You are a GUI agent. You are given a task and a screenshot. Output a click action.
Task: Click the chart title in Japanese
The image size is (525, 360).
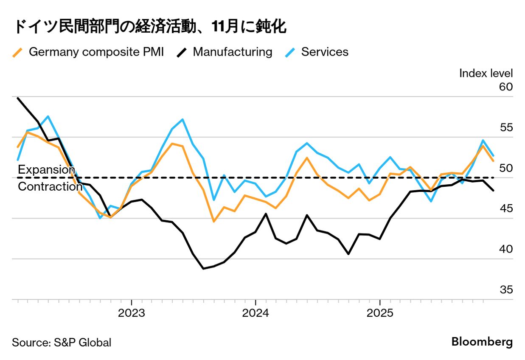tap(149, 27)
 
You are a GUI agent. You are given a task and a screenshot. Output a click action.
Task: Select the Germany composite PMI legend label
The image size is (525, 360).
tap(96, 52)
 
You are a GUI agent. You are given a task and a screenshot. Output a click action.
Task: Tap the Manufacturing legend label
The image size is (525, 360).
tap(232, 52)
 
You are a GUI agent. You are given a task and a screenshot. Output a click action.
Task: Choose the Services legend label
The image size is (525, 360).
tap(325, 52)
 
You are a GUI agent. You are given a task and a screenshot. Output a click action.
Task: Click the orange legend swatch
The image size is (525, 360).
tap(18, 52)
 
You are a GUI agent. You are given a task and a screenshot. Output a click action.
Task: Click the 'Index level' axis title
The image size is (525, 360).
tap(486, 73)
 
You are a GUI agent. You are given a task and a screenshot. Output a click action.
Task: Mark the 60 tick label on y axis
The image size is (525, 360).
tap(506, 87)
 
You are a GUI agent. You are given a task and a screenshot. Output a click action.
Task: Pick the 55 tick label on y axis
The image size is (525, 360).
tap(506, 127)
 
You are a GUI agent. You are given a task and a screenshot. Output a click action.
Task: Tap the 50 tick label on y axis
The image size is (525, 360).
tap(506, 168)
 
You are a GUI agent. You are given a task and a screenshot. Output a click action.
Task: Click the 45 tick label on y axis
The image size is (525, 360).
tap(506, 208)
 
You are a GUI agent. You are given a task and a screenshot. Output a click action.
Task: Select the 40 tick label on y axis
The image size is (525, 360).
tap(506, 249)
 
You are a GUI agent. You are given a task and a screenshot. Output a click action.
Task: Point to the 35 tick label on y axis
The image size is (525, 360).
tap(506, 290)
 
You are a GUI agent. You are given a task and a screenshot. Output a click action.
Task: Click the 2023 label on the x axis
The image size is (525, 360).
tap(132, 313)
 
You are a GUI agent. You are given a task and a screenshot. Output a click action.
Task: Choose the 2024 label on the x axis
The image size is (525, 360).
tap(255, 313)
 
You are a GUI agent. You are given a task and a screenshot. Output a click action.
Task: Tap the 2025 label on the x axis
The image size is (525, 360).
tap(379, 313)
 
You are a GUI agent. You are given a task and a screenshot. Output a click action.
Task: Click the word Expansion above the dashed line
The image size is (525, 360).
tap(47, 169)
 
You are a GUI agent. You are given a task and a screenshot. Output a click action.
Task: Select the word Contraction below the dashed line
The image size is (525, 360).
tap(50, 186)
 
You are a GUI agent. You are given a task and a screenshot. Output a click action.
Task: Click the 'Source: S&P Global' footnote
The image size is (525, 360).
tap(62, 342)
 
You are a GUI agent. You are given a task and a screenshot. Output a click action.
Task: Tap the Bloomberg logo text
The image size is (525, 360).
tap(482, 342)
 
